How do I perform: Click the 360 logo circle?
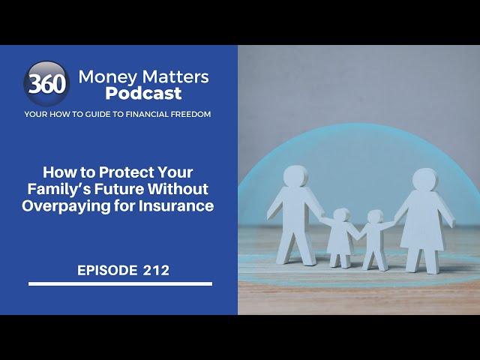tap(46, 84)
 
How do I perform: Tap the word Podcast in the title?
tap(143, 93)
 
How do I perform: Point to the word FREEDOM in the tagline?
tap(187, 114)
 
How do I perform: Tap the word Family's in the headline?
tap(86, 188)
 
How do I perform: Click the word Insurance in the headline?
tap(178, 205)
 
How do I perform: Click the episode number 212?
tap(156, 271)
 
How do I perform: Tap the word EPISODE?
tap(106, 271)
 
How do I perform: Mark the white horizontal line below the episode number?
tap(120, 283)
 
